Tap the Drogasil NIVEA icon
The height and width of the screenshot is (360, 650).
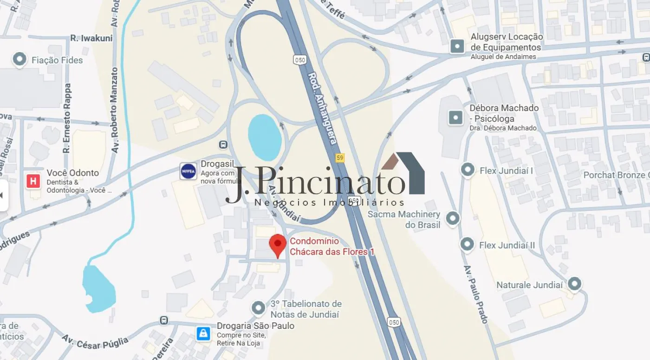pos(188,171)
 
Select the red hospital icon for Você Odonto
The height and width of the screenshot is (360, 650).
pos(33,181)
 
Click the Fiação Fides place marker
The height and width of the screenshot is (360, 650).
pos(19,59)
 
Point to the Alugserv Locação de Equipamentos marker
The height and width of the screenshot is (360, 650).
pos(457,46)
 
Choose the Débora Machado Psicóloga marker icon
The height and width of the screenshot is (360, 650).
pos(455,117)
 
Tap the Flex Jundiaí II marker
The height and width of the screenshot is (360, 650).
pos(467,244)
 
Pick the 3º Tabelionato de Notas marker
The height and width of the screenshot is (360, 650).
pos(258,308)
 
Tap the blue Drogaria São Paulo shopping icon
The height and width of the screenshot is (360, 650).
pos(203,334)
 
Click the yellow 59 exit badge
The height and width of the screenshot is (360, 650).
pos(340,158)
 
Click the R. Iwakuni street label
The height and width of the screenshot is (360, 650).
pos(91,38)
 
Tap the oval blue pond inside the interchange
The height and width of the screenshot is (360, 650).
pos(265,137)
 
